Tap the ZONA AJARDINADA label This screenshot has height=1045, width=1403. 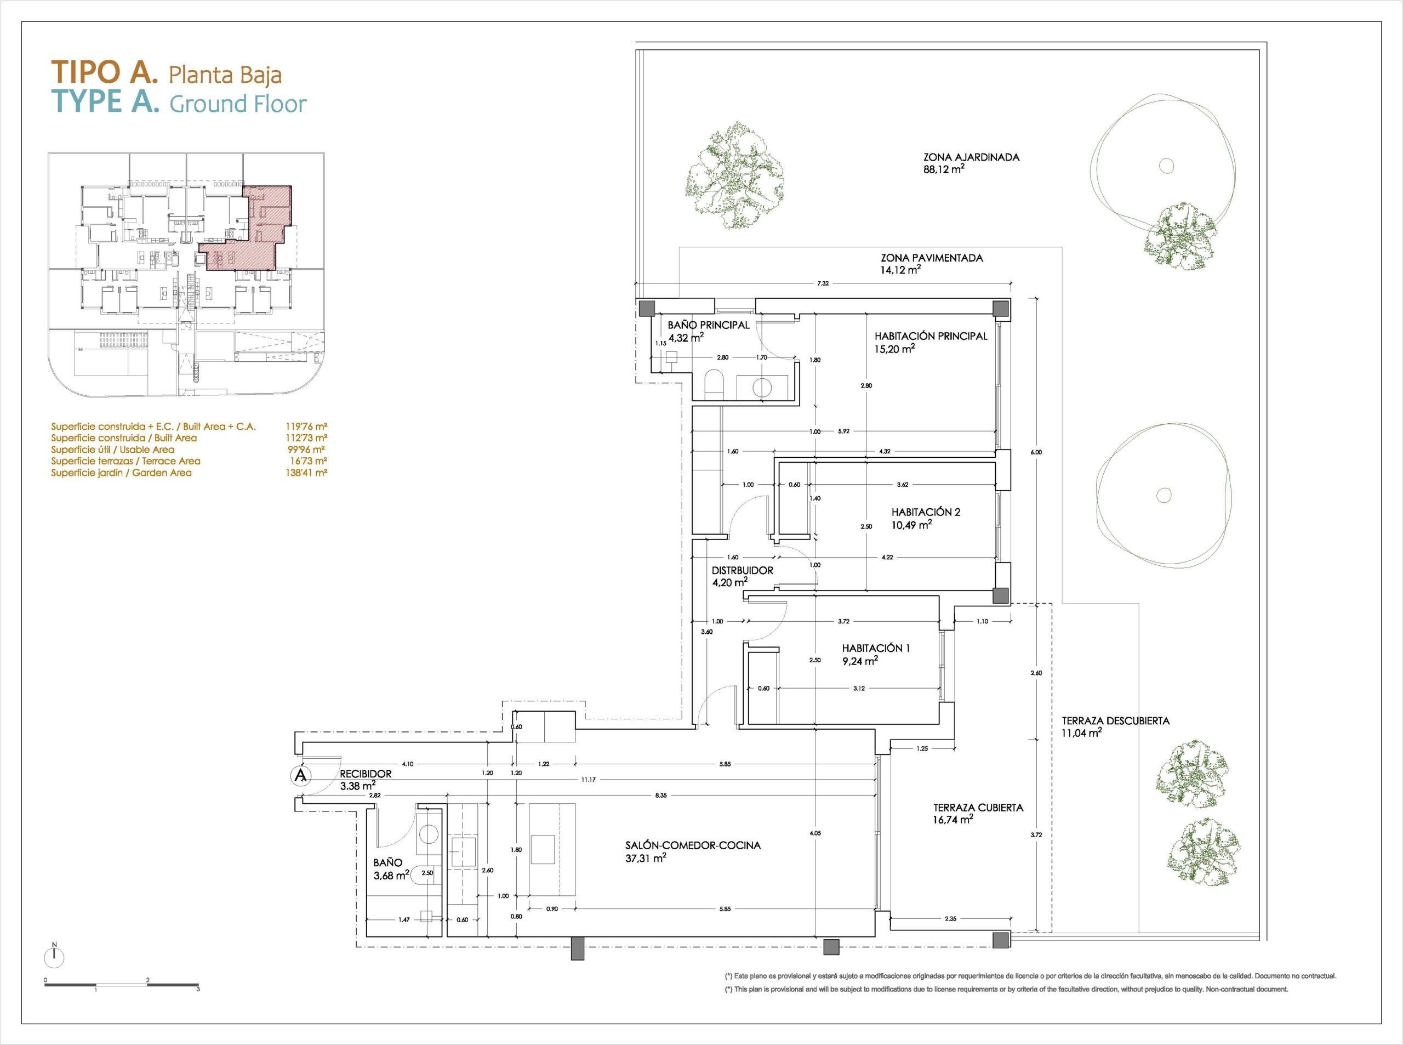971,157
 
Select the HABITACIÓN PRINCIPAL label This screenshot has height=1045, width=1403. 931,337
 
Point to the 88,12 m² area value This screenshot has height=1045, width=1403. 944,169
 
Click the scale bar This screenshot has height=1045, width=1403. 122,985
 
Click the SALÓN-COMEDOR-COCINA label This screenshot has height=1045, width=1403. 693,845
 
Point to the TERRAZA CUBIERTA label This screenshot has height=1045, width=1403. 978,808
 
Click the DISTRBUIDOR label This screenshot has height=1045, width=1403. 742,571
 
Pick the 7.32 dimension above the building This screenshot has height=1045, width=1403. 823,283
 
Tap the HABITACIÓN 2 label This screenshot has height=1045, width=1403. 926,513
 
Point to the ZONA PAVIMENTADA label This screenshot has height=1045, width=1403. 932,258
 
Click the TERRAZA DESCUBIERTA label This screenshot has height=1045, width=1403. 1115,720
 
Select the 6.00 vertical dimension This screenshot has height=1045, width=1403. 1036,452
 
